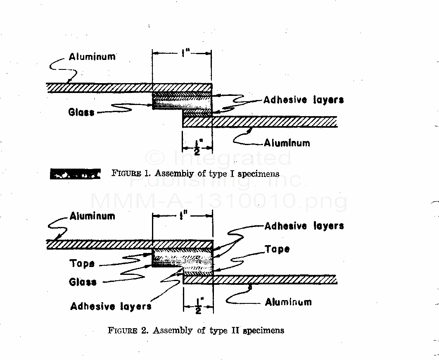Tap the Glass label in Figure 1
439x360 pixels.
[81, 112]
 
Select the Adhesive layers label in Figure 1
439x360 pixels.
[303, 100]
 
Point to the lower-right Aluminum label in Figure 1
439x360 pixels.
[287, 143]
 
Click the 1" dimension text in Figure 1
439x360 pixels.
[182, 53]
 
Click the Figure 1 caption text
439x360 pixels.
[195, 174]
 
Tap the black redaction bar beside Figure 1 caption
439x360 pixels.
[75, 174]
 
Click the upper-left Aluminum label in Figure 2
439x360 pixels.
[92, 216]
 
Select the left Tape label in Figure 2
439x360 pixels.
[82, 264]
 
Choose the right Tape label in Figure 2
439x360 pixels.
[277, 249]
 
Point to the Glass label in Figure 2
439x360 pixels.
[83, 282]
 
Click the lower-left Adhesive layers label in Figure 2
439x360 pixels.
[111, 306]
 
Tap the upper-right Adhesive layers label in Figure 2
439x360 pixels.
[304, 226]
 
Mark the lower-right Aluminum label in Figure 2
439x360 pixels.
[288, 302]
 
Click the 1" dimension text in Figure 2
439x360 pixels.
[182, 216]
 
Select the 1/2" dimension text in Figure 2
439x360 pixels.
[199, 307]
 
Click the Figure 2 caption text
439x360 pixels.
[196, 330]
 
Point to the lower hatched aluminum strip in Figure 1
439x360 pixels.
[260, 122]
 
